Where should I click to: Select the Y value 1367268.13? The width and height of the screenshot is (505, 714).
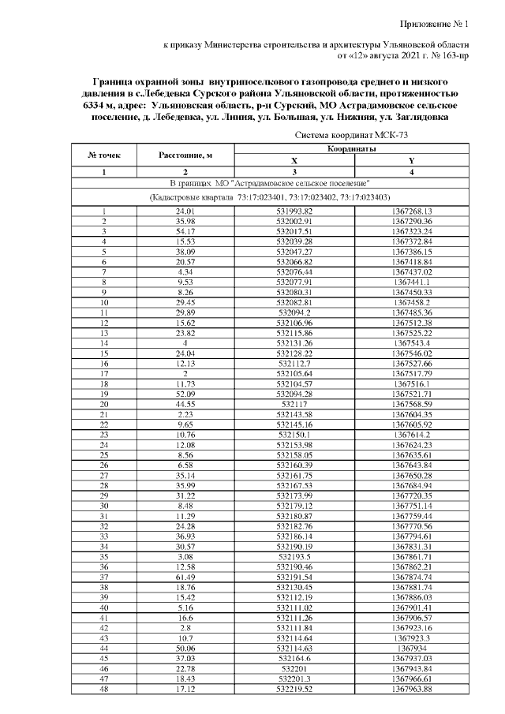pos(412,211)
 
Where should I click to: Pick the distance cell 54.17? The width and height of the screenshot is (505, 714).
pos(185,230)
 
